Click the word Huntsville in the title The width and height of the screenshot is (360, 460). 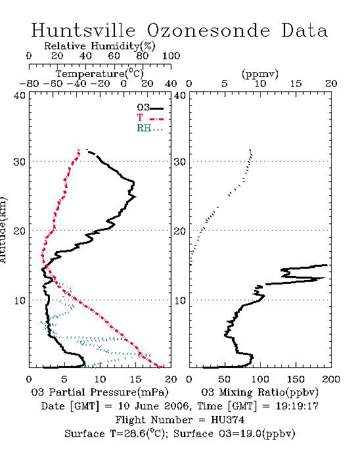[83, 30]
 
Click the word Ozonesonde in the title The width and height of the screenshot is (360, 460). [208, 30]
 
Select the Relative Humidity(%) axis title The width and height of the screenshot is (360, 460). [100, 46]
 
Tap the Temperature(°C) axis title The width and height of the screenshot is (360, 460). [100, 74]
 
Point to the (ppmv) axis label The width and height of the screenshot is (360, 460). [260, 74]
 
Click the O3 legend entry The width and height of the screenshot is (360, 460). [150, 107]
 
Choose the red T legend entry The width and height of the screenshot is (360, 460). [150, 118]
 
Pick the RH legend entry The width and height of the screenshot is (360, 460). [150, 128]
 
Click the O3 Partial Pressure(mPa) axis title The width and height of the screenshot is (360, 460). [100, 392]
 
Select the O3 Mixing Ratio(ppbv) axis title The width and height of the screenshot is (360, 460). [259, 392]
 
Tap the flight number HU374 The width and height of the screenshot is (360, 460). [227, 420]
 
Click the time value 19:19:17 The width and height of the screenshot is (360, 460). [297, 406]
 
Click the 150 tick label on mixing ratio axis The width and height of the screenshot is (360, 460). [296, 379]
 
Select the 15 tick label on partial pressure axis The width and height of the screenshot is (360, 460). [135, 379]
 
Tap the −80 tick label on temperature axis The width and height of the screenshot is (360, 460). [29, 83]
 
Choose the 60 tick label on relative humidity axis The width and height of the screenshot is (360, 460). [114, 56]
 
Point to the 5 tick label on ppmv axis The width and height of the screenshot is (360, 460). [225, 83]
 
